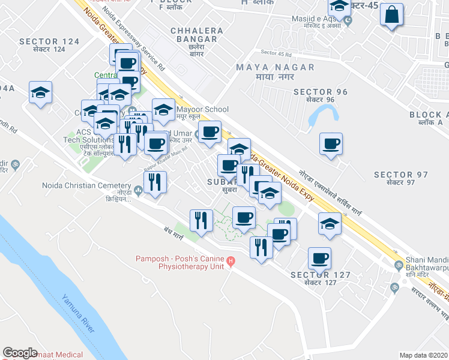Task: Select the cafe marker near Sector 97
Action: click(331, 145)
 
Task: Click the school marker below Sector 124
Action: click(41, 92)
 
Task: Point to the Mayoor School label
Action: click(202, 109)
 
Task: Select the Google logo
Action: click(20, 353)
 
